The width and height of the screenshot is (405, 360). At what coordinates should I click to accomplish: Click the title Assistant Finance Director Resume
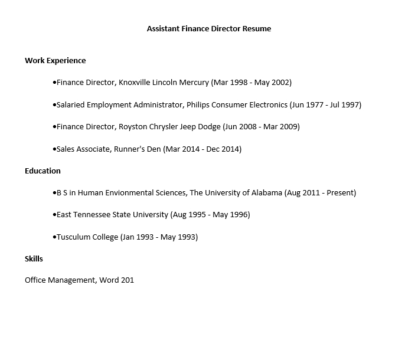pyautogui.click(x=209, y=28)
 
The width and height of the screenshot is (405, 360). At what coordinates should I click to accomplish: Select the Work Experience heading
pyautogui.click(x=55, y=60)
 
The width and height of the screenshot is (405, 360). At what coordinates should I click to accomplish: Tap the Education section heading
pyautogui.click(x=43, y=171)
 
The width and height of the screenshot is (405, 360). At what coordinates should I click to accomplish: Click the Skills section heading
pyautogui.click(x=34, y=258)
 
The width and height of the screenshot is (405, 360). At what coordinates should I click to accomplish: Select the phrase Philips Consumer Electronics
pyautogui.click(x=237, y=105)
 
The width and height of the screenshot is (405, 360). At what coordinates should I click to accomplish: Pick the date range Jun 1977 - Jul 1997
pyautogui.click(x=325, y=105)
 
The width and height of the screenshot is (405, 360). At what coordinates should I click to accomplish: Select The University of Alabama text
pyautogui.click(x=236, y=193)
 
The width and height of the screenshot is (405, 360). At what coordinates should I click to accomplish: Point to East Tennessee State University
pyautogui.click(x=112, y=215)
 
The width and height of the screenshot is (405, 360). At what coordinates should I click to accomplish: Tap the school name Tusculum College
pyautogui.click(x=87, y=237)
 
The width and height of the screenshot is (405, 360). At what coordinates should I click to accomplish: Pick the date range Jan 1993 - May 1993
pyautogui.click(x=159, y=237)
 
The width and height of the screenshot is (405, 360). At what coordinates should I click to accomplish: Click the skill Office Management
pyautogui.click(x=59, y=280)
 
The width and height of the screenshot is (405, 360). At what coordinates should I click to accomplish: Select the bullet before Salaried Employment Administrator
pyautogui.click(x=54, y=105)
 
